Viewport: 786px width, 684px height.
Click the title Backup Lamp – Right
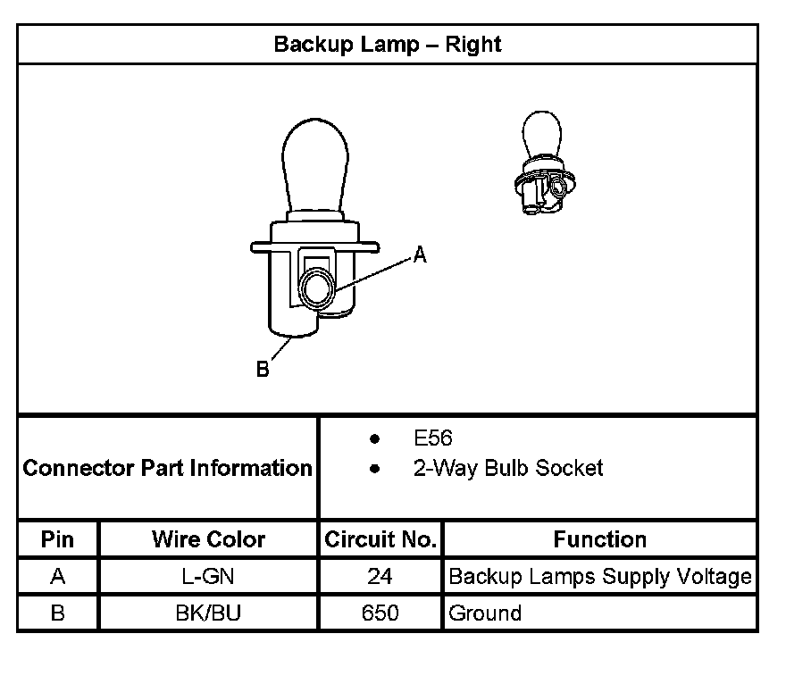[x=388, y=44]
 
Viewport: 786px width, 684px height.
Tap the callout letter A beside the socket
[x=420, y=256]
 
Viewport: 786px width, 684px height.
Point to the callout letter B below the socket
[x=263, y=369]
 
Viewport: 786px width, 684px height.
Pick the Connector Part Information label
[x=168, y=468]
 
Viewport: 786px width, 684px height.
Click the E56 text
[x=433, y=438]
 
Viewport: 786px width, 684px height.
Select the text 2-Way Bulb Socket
[x=508, y=468]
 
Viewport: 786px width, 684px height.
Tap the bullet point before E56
[x=375, y=439]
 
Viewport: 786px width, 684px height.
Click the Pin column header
[x=58, y=539]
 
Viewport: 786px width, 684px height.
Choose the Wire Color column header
[x=208, y=539]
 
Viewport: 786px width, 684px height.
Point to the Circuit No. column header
[x=380, y=539]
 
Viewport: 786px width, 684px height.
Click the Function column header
[x=600, y=539]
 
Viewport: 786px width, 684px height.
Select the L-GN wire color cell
[x=208, y=577]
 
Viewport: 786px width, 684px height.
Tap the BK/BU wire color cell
[x=208, y=613]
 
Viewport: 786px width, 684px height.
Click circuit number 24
[x=380, y=577]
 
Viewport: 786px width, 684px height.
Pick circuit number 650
[x=380, y=613]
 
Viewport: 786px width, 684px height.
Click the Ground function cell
[x=485, y=613]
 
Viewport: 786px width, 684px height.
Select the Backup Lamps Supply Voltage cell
[x=600, y=577]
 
